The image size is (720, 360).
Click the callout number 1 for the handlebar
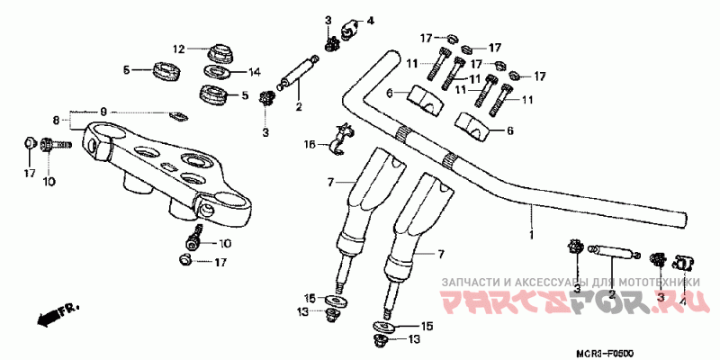point(531,235)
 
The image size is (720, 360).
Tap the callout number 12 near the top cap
point(178,49)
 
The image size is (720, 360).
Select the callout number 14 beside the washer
point(254,71)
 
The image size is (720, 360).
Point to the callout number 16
point(310,144)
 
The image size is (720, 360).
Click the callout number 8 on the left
point(56,120)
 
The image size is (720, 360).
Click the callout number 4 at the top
point(369,21)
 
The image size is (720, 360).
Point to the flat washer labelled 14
point(216,72)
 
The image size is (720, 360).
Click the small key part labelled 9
point(178,114)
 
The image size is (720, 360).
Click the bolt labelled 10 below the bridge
point(193,240)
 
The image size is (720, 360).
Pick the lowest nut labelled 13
point(379,340)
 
